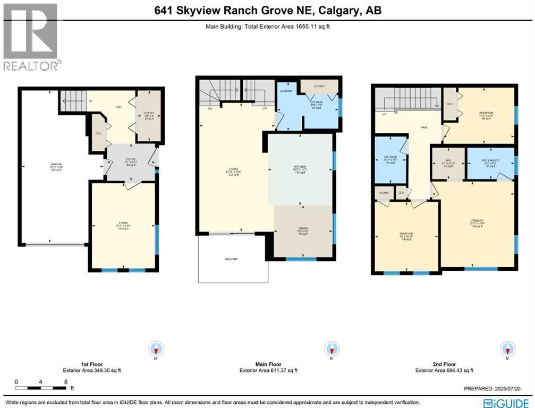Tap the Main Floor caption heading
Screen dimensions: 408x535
pyautogui.click(x=268, y=364)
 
